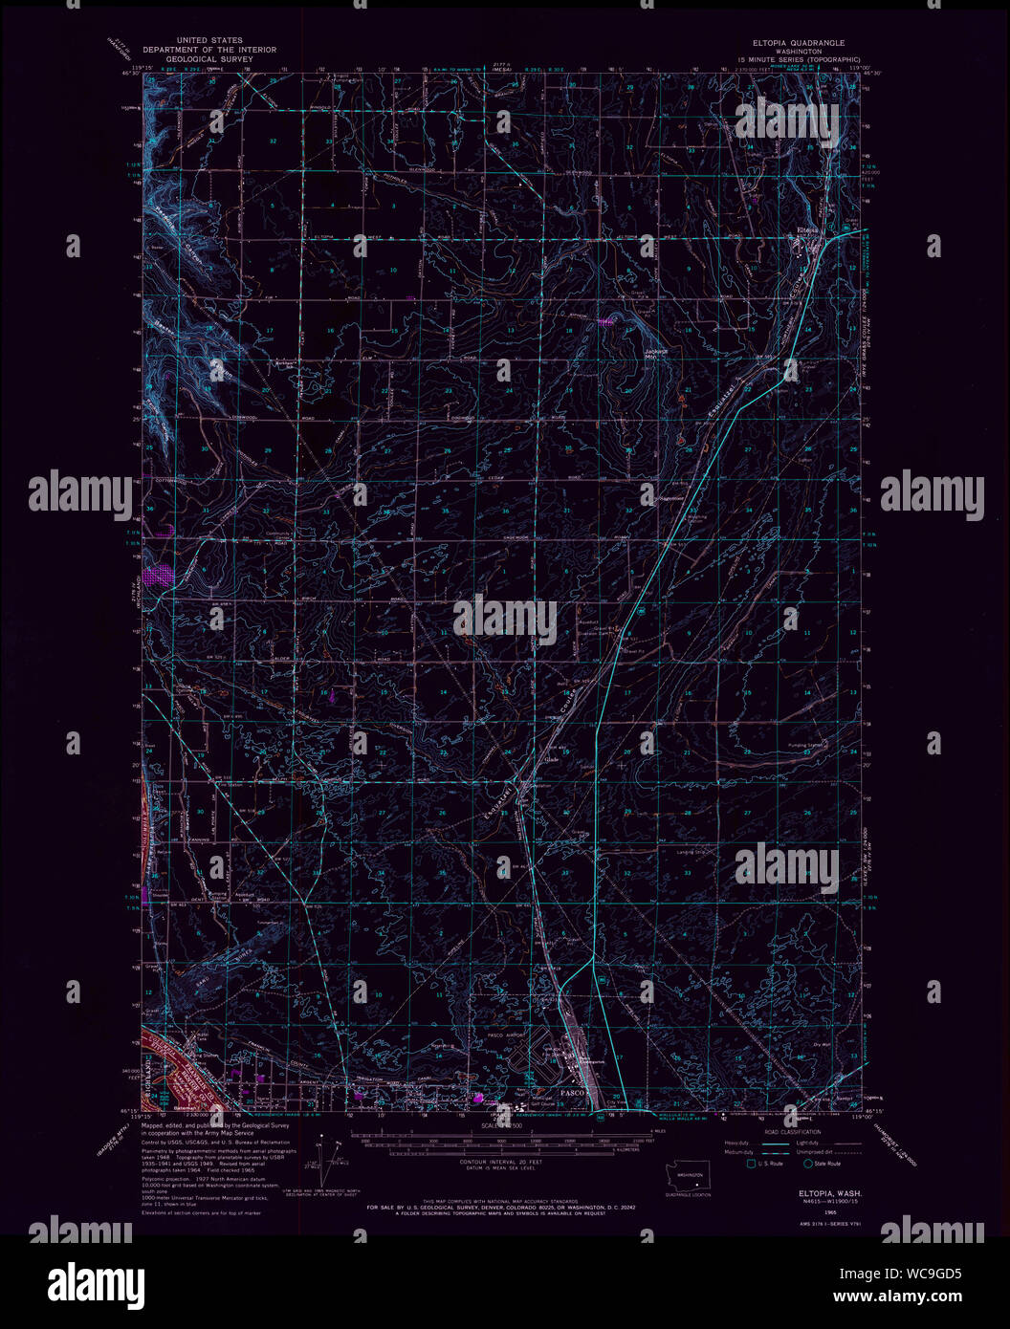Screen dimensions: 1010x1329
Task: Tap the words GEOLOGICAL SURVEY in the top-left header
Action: tap(209, 58)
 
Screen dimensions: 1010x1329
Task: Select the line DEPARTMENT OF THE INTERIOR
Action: tap(209, 50)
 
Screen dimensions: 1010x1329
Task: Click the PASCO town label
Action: tap(572, 1091)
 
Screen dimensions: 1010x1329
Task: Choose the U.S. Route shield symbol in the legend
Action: tap(751, 1164)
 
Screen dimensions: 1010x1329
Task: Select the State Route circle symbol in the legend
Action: tap(807, 1164)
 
